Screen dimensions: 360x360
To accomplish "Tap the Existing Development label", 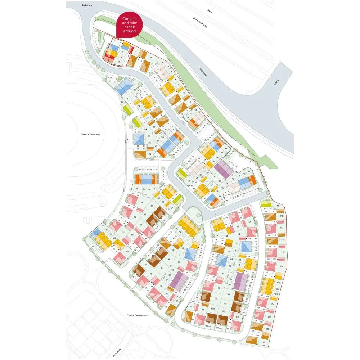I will tap(137, 315).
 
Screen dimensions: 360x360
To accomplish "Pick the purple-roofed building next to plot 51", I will tap(224, 170).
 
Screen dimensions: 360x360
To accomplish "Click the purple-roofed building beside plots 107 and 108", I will tap(240, 282).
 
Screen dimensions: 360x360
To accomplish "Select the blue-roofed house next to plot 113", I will tap(246, 247).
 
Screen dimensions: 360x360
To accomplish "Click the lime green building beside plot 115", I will tap(266, 204).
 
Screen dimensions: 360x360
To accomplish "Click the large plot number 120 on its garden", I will tap(282, 266).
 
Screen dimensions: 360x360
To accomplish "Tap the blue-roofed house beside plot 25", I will tap(139, 138).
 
